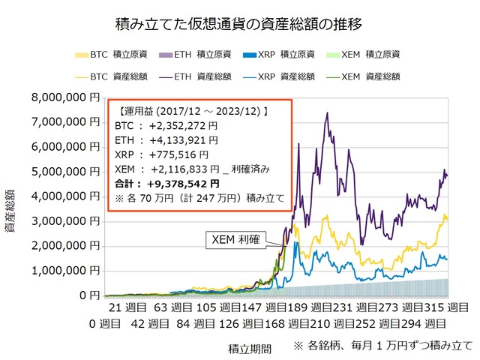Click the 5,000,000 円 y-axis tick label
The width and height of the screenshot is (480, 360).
pos(67,172)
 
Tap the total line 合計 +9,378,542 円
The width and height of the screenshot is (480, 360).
pos(169,183)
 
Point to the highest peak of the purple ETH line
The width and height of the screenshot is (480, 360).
pos(326,113)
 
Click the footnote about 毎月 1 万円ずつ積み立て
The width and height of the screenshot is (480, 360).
pos(384,346)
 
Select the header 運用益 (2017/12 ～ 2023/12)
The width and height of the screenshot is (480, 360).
pos(193,111)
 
